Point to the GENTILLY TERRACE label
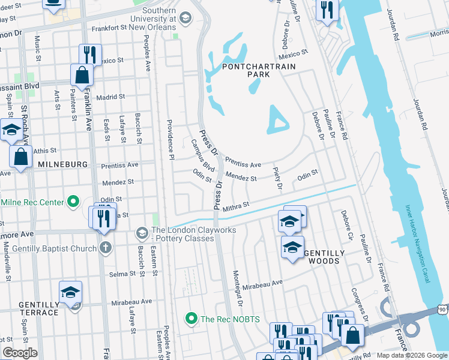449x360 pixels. pos(38,308)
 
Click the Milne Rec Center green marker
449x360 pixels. pos(73,202)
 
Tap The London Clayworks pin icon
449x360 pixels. pos(142,232)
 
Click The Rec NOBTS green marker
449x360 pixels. pos(191,319)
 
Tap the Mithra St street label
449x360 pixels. pos(235,207)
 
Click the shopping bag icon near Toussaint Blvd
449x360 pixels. pos(82,75)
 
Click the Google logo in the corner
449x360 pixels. pos(20,352)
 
